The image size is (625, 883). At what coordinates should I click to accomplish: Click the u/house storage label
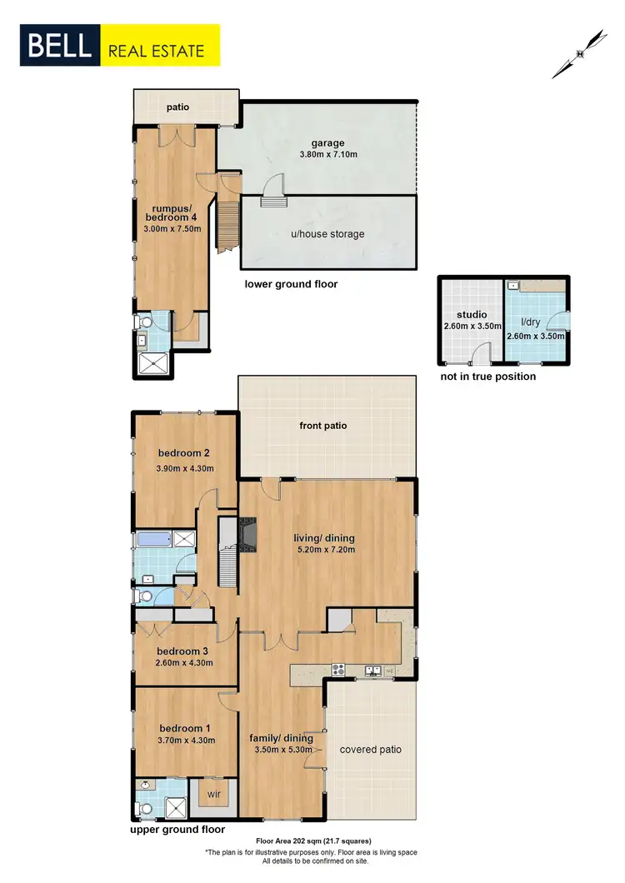(327, 234)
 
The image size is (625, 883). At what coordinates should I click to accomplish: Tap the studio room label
(470, 316)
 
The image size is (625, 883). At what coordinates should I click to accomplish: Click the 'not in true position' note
(487, 377)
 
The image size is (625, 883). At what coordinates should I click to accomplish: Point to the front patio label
(323, 426)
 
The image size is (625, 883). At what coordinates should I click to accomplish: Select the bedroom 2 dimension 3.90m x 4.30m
(185, 468)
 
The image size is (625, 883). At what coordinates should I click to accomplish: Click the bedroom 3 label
(182, 651)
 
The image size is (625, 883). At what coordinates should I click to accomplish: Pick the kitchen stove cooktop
(339, 668)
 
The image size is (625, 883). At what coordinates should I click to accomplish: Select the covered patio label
(371, 749)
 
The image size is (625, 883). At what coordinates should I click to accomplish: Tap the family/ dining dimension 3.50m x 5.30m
(281, 750)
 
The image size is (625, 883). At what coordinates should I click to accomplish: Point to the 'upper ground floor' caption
(177, 830)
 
